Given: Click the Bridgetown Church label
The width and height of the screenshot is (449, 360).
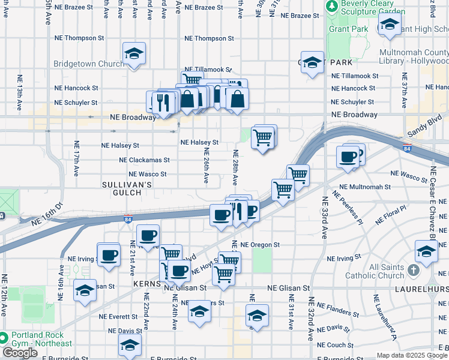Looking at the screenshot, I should click(88, 64).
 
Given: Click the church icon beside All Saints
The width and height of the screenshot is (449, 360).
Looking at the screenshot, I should click(413, 270).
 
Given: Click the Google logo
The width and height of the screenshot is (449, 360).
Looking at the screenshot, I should click(20, 353).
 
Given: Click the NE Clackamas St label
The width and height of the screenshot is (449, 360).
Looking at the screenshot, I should click(144, 160).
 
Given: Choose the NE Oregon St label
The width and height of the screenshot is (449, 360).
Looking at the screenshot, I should click(260, 245).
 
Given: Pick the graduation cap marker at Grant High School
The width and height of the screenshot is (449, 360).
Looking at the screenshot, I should click(390, 26).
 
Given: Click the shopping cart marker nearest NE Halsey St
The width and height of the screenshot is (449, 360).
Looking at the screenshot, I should click(263, 138).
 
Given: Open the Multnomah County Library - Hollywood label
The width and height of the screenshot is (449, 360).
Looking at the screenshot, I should click(413, 56).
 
